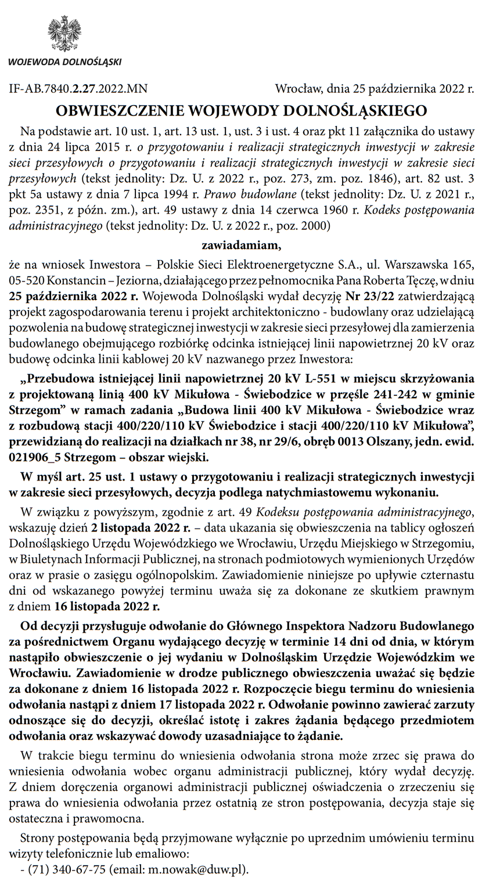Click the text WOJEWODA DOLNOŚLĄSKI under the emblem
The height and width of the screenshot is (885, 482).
coord(65,63)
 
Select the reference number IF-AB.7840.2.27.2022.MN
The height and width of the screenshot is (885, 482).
coord(78,89)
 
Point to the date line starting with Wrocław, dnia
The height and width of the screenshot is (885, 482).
coord(375,89)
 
